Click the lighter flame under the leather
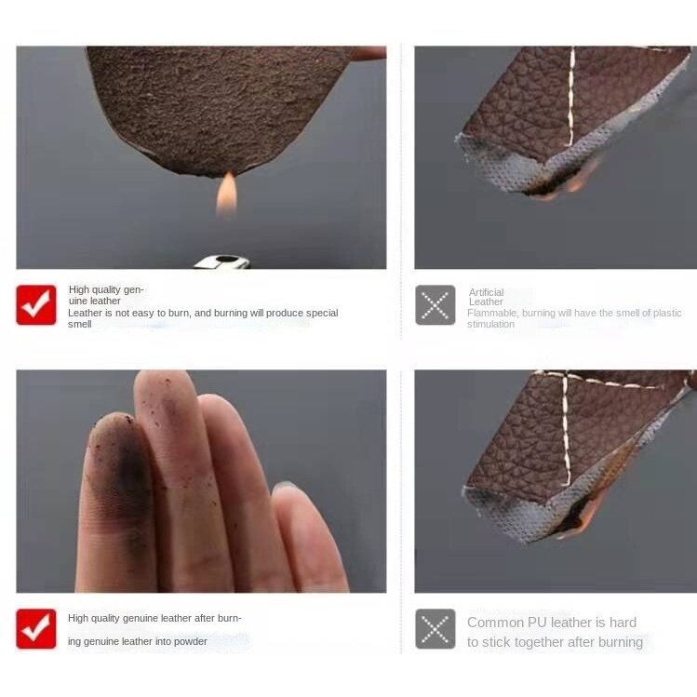point(227,194)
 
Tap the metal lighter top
point(221,262)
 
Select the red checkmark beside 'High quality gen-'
point(36,305)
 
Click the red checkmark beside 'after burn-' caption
point(36,628)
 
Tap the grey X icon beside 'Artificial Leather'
point(436,305)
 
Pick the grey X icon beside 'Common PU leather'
point(436,628)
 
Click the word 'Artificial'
point(486,292)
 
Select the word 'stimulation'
point(490,324)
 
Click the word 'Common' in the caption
point(495,623)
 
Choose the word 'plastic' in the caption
point(665,313)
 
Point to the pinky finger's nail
point(285,488)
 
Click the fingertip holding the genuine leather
point(369,53)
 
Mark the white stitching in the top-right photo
point(571,96)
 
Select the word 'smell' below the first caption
point(80,324)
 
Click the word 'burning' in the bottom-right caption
point(621,642)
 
